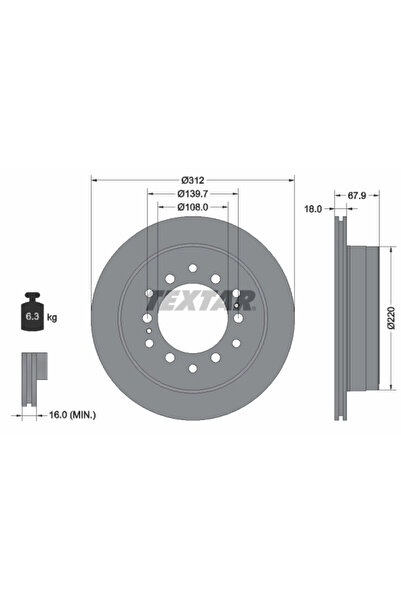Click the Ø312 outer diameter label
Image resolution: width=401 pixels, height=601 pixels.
click(x=193, y=180)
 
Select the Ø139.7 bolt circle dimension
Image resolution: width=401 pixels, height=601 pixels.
click(x=193, y=194)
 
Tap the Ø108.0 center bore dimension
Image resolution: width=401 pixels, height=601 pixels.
click(x=193, y=207)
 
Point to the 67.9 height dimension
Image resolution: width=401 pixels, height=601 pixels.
click(x=357, y=195)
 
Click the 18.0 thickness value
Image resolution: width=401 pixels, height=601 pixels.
click(x=313, y=209)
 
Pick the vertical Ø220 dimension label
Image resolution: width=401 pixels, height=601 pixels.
click(x=391, y=318)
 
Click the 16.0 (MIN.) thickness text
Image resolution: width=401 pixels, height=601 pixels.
click(x=73, y=414)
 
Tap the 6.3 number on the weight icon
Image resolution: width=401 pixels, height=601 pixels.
click(x=31, y=317)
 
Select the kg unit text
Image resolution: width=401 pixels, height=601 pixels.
click(x=52, y=317)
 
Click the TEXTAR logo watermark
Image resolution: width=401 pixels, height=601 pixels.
click(x=200, y=300)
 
